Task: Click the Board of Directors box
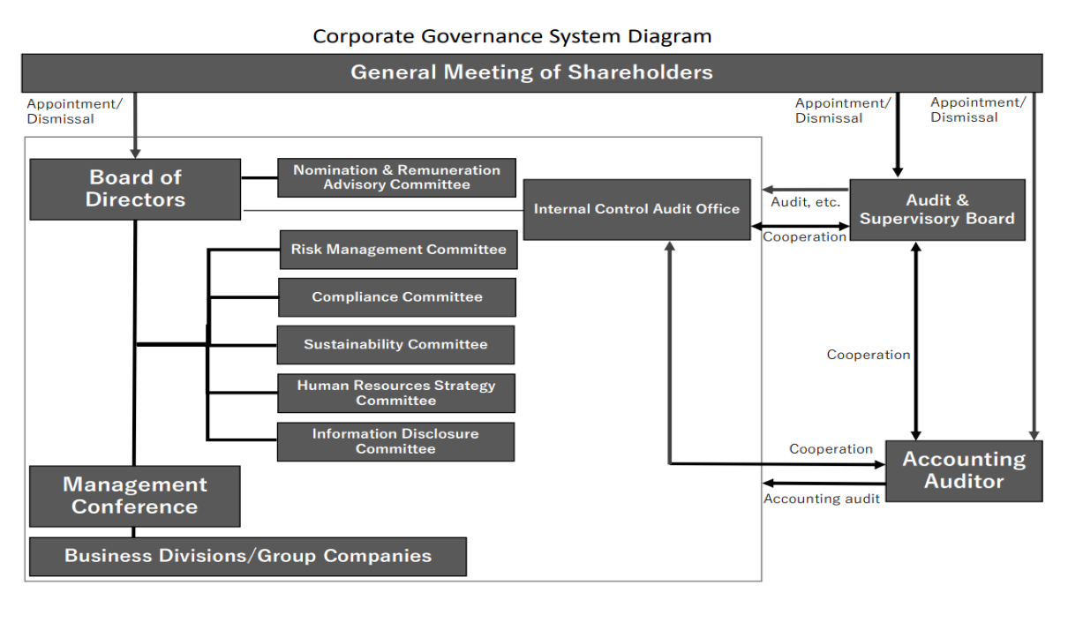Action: [x=135, y=189]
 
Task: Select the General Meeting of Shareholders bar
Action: [x=532, y=73]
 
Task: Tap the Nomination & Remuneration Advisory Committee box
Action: [x=396, y=177]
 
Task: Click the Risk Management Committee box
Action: [x=399, y=250]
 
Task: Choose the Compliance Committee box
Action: [x=397, y=297]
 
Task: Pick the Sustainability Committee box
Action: [x=395, y=345]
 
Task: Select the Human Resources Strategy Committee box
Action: [x=396, y=394]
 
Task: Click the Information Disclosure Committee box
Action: [x=395, y=442]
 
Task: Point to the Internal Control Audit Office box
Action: [x=637, y=210]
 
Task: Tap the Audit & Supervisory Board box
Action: [x=937, y=210]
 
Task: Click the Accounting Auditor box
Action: [x=964, y=471]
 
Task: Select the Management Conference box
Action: [x=135, y=496]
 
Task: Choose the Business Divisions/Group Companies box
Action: [x=248, y=557]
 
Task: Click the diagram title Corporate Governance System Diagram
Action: [x=512, y=36]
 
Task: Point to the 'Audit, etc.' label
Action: [x=805, y=202]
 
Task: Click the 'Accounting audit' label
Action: [x=822, y=499]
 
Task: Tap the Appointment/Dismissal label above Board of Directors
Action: [x=75, y=111]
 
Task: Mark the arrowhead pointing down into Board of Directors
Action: [x=135, y=154]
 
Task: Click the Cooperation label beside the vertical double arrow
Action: [x=869, y=355]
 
